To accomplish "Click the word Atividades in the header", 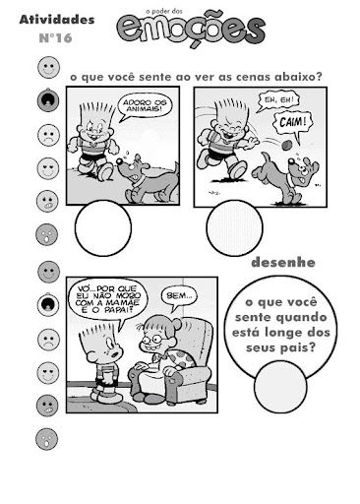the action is click(57, 20).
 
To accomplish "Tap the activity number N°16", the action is click(55, 38).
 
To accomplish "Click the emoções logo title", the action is click(191, 30).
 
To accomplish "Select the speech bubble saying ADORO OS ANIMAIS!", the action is click(145, 105).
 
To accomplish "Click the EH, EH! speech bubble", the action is click(278, 100).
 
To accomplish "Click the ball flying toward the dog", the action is click(287, 145).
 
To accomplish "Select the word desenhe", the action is click(283, 263).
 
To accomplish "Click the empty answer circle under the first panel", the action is click(103, 227).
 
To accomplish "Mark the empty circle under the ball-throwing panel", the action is click(234, 227).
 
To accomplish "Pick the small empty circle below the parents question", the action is click(280, 387).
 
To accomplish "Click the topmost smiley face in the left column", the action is click(48, 67).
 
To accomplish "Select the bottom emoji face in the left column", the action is click(46, 439).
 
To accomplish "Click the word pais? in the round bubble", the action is click(298, 347).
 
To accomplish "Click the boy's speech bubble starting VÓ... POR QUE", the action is click(107, 299).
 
